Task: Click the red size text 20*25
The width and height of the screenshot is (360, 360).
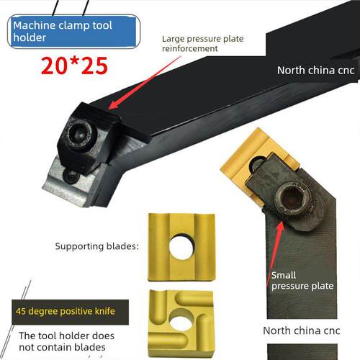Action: click(74, 66)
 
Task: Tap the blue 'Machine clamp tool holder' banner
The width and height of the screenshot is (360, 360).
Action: click(73, 32)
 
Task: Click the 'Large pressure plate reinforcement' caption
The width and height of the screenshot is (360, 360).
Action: click(202, 43)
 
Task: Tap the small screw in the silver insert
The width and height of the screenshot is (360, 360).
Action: click(71, 177)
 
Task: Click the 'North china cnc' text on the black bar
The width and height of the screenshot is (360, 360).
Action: click(315, 71)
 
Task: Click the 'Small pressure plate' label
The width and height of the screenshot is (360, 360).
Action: click(302, 280)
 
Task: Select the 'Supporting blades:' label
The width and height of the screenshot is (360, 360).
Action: click(97, 246)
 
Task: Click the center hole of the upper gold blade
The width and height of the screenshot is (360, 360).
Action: click(181, 247)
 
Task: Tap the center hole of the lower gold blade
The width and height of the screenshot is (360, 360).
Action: click(181, 323)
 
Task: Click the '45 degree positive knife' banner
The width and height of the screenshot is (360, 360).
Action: click(70, 312)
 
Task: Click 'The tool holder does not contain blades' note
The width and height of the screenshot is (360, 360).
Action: click(66, 341)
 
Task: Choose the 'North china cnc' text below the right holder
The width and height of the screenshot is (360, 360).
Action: click(302, 330)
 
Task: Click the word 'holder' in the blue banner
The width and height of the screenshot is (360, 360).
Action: click(30, 37)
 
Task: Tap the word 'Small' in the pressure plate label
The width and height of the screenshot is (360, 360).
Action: click(284, 275)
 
